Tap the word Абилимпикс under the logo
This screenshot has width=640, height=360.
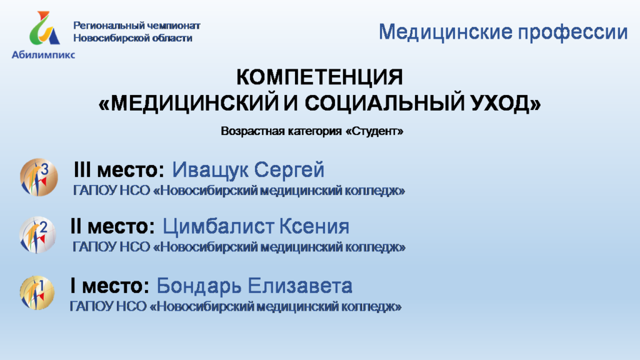pyautogui.click(x=43, y=55)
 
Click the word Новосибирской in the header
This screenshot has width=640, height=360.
pyautogui.click(x=107, y=38)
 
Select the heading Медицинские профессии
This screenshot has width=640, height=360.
pyautogui.click(x=503, y=32)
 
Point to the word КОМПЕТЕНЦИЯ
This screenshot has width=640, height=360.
pyautogui.click(x=319, y=77)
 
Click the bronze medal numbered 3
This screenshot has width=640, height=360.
pyautogui.click(x=39, y=177)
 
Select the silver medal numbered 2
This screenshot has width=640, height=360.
pyautogui.click(x=37, y=235)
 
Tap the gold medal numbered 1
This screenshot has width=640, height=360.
pyautogui.click(x=37, y=292)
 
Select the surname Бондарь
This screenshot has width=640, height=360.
pyautogui.click(x=199, y=286)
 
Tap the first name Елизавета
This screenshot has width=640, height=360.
pyautogui.click(x=300, y=286)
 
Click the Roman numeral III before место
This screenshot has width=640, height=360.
pyautogui.click(x=82, y=169)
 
